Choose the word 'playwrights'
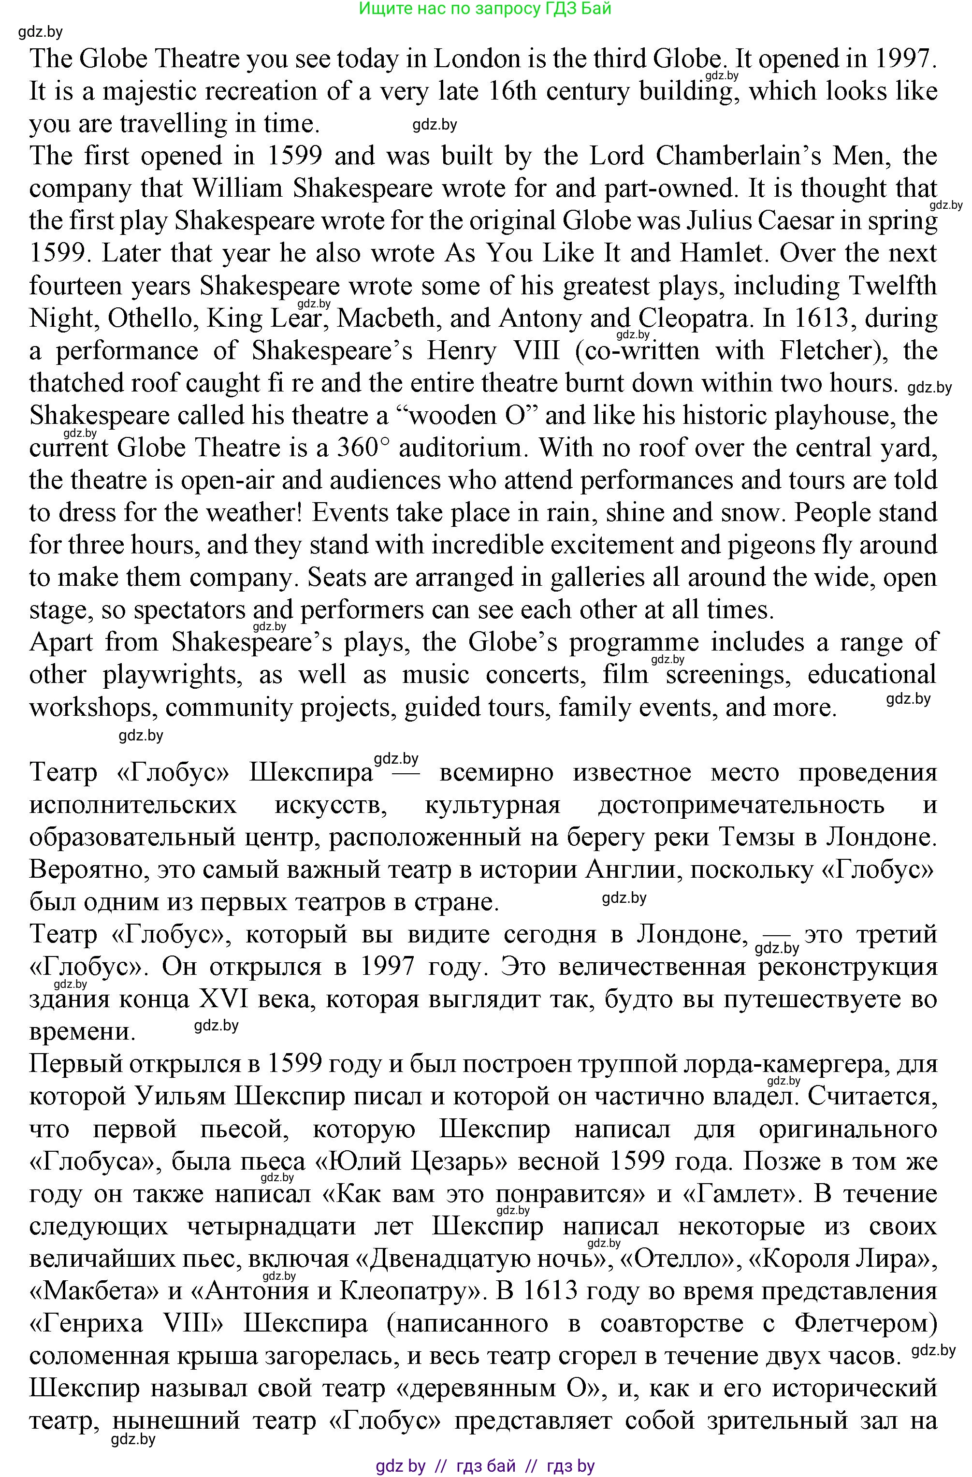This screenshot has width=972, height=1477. tap(171, 675)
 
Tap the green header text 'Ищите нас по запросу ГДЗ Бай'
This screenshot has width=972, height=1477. tap(485, 8)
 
